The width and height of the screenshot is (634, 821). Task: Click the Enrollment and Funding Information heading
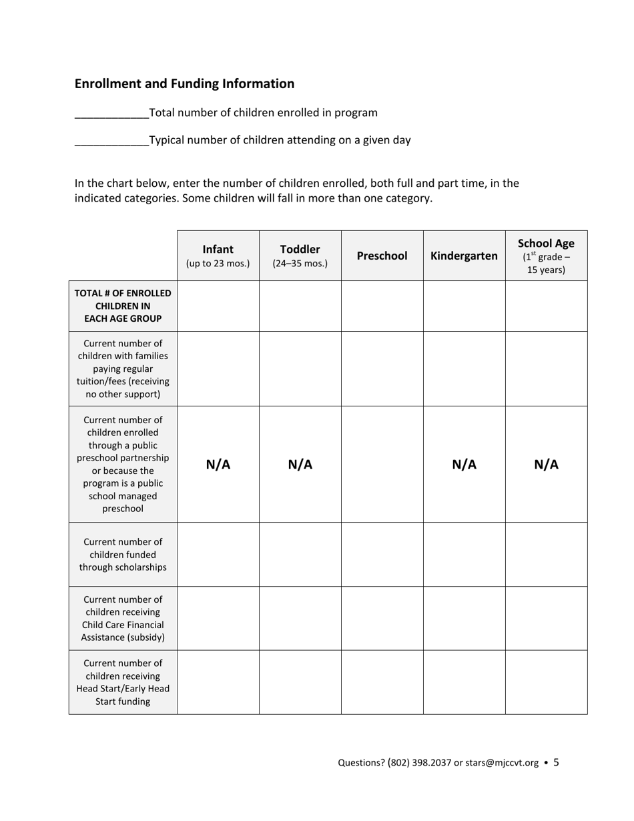[x=184, y=83]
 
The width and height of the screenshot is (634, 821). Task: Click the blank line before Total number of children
[x=111, y=114]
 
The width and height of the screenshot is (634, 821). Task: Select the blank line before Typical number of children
[x=111, y=142]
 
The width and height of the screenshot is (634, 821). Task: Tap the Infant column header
[x=218, y=256]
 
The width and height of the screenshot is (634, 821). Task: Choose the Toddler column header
[x=300, y=256]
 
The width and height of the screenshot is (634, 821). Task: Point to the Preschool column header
[x=382, y=256]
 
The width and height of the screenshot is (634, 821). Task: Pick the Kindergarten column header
[x=464, y=256]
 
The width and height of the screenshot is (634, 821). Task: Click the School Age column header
[x=546, y=256]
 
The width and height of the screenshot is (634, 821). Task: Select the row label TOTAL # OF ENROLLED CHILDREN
[x=123, y=306]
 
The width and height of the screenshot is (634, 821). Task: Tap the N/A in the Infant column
[x=218, y=465]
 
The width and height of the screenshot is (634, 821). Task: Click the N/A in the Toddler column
[x=300, y=465]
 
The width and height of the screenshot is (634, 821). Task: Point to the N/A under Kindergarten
[x=464, y=465]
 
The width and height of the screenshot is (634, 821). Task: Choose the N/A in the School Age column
[x=547, y=465]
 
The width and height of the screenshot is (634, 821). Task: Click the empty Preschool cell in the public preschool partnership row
[x=382, y=465]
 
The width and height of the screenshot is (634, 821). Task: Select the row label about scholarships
[x=123, y=555]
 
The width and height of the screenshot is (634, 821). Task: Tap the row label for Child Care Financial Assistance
[x=123, y=618]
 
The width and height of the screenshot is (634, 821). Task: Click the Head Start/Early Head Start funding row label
[x=123, y=682]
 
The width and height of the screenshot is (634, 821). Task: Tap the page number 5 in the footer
[x=557, y=762]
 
